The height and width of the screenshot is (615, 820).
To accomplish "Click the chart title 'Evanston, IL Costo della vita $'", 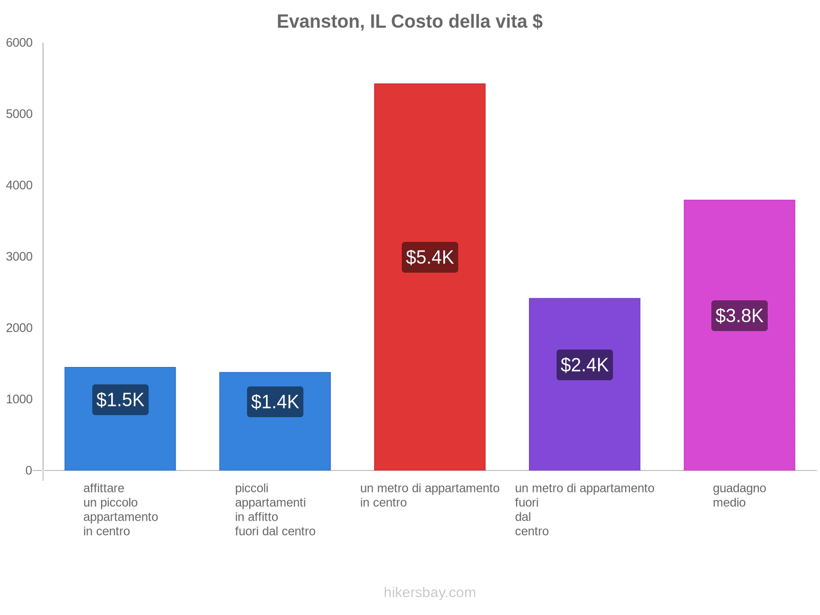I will [409, 22].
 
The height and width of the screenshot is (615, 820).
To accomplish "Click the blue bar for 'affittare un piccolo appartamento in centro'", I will [120, 441].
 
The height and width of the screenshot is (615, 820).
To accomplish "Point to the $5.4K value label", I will [429, 257].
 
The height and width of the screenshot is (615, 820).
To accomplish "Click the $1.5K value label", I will [120, 400].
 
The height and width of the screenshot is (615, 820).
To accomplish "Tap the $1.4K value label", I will [275, 402].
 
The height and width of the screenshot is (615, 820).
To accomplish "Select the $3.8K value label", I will [739, 316].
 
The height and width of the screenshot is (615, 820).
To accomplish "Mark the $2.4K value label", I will [584, 365].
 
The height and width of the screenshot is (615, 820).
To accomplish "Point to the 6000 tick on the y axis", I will [19, 43].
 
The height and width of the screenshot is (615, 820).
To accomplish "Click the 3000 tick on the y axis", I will [19, 257].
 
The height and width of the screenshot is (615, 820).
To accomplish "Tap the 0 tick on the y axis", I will [29, 470].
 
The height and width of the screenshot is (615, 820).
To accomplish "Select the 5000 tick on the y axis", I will [19, 114].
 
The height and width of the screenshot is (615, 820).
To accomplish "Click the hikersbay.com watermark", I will [429, 592].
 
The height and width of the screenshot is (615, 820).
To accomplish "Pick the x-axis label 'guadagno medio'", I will [739, 495].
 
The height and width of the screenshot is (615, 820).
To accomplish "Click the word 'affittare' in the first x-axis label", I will [104, 488].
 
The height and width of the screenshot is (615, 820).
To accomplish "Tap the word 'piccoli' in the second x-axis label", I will [252, 488].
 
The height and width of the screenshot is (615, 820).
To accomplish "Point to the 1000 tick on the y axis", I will [19, 399].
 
